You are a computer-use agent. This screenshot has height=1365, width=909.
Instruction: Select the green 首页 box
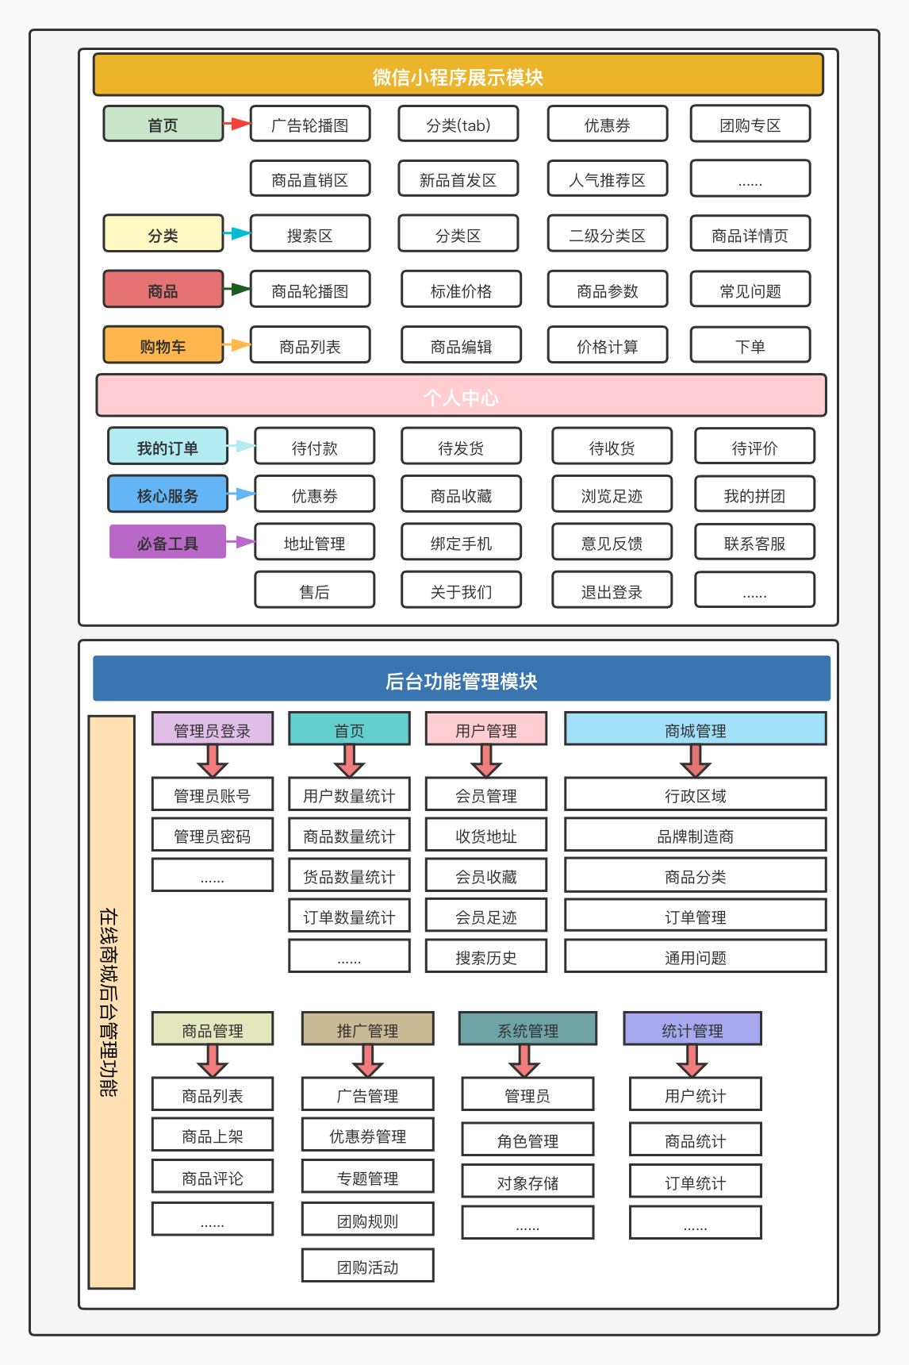(163, 124)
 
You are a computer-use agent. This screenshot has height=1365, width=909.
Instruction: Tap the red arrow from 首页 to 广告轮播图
(236, 124)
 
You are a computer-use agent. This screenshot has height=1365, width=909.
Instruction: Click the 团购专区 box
(750, 124)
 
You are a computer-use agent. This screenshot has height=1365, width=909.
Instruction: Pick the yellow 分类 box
(163, 234)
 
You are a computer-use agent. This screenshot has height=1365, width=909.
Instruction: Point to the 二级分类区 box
(607, 234)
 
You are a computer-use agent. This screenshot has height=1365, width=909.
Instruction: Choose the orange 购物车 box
(163, 345)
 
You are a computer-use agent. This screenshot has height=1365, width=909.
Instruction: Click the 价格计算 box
(607, 345)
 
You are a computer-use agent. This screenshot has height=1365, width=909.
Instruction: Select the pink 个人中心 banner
(461, 396)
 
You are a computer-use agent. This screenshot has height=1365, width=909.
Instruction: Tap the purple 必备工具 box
(167, 542)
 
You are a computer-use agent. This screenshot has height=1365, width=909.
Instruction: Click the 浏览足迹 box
(612, 494)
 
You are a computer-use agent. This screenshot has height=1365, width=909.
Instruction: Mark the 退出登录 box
(612, 590)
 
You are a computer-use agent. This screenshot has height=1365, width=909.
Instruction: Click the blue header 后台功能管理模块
(461, 679)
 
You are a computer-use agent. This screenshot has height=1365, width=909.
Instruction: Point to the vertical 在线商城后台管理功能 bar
(111, 1002)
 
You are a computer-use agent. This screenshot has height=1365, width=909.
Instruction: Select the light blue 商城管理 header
(695, 729)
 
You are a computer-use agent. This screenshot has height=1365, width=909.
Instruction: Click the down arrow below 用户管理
(485, 760)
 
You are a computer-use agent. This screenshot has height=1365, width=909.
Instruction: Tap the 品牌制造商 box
(695, 835)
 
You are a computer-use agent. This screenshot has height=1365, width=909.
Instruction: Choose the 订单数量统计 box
(349, 916)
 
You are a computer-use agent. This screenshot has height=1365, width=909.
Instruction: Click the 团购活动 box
(367, 1266)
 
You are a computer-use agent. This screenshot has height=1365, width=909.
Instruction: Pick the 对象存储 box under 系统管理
(527, 1182)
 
